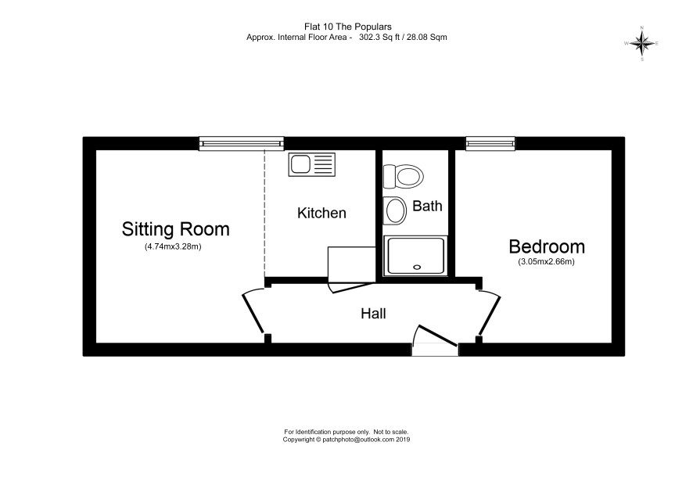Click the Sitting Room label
pos(175,229)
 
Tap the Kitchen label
pos(321,213)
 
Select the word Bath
pos(427,206)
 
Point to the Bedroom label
pos(547,246)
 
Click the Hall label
pos(373,314)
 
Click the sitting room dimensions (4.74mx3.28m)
pos(173,246)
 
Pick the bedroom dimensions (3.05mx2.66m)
pos(546,262)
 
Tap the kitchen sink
pos(311,164)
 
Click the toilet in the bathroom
pos(403,177)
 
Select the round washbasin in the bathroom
pos(395,210)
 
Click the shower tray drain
pos(417,267)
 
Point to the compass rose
pos(642,43)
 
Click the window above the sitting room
pos(242,143)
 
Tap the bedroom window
pos(490,143)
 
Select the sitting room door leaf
pos(253,314)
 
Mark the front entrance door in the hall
pos(437,335)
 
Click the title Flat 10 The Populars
pos(348,27)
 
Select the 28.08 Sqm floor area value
pos(427,38)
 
